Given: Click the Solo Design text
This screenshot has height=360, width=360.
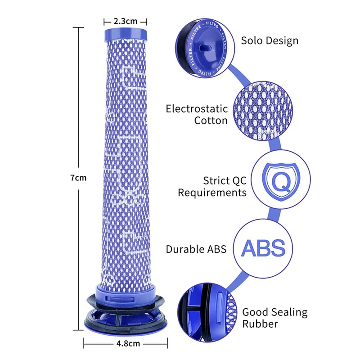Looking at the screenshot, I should [x=270, y=40].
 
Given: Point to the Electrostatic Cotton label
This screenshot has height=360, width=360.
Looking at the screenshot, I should [x=197, y=114].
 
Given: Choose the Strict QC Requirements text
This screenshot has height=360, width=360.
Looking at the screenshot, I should [x=212, y=186].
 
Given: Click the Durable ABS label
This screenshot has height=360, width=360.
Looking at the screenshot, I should [x=196, y=249].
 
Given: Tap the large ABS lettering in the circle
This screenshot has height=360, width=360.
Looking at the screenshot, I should [x=264, y=248].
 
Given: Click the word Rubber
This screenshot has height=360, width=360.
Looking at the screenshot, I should [x=260, y=324].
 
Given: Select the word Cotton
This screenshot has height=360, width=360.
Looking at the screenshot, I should [x=211, y=121].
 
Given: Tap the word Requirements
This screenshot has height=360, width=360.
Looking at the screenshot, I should [x=212, y=193].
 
